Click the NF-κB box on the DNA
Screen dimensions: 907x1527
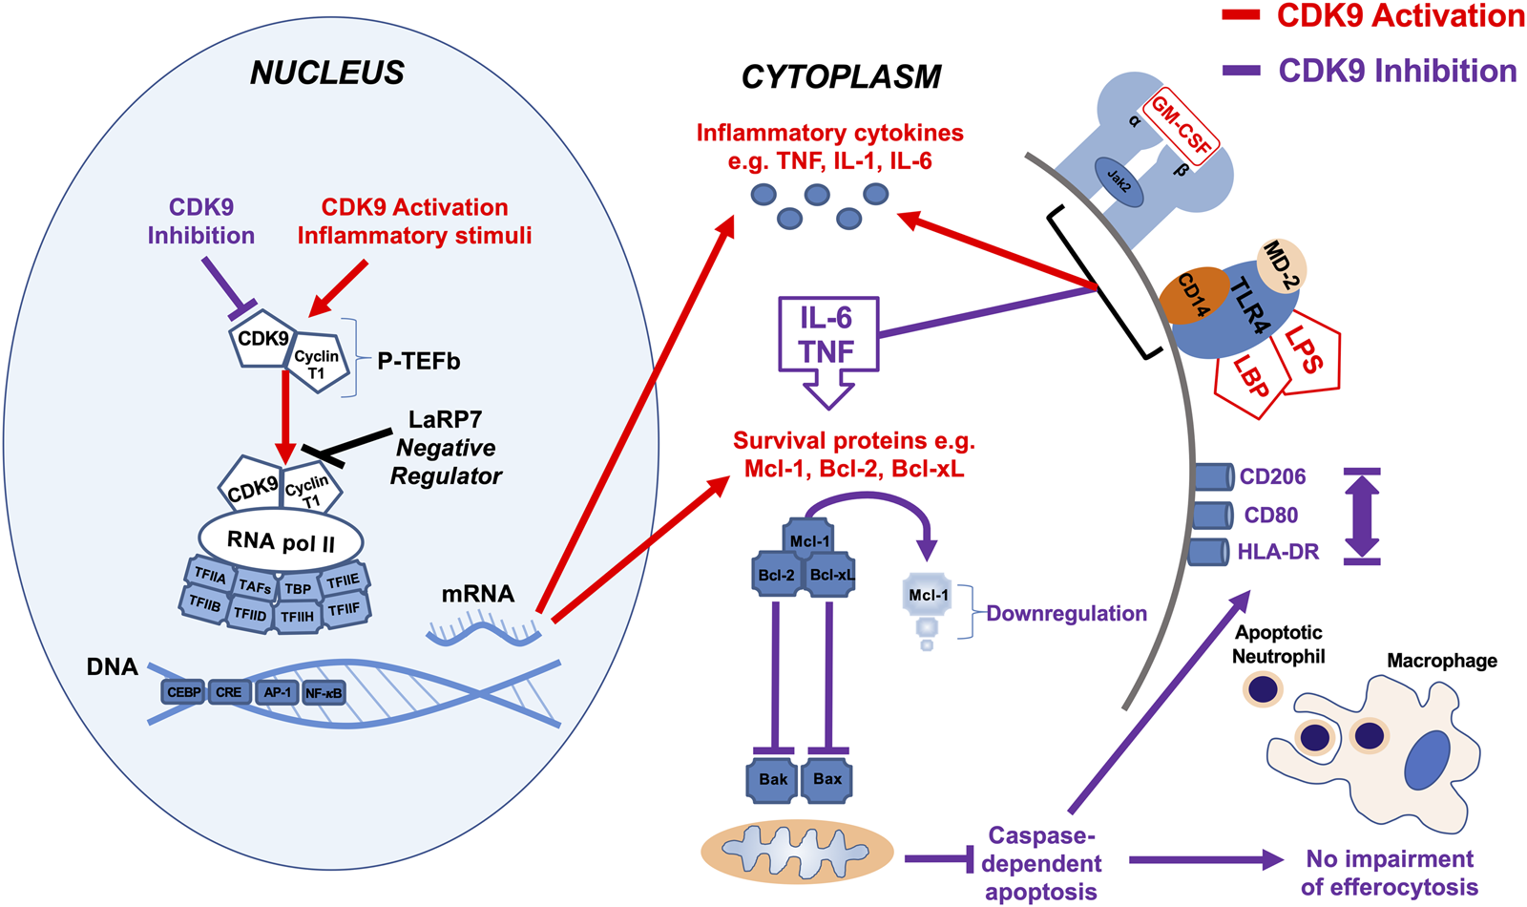point(324,693)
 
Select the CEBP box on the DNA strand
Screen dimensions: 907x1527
point(183,692)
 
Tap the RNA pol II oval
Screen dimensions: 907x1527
point(281,541)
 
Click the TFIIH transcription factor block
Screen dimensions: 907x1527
point(297,617)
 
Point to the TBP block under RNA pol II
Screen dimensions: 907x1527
point(297,589)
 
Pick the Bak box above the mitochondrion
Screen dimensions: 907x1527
point(772,779)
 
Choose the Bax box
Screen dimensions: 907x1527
point(827,779)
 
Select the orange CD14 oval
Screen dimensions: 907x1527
point(1193,295)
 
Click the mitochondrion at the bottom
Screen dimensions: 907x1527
point(797,851)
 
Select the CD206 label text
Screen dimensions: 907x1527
point(1272,476)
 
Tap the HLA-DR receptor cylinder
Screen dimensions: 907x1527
point(1208,552)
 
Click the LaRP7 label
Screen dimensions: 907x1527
point(445,419)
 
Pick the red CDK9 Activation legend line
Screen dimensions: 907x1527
point(1242,15)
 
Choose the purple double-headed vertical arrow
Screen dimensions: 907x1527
point(1362,516)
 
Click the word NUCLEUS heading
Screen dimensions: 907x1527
point(327,73)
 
